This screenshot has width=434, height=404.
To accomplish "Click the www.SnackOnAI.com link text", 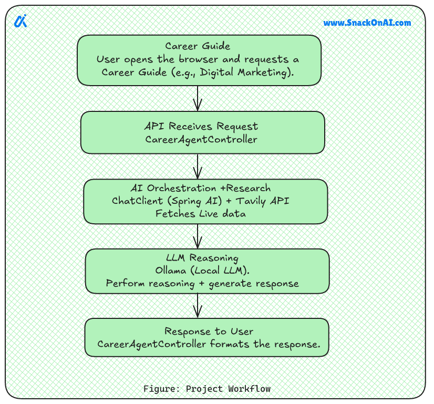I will tap(367, 23).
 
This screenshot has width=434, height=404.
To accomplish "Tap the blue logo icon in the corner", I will tap(20, 21).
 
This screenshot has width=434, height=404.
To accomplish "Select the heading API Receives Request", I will tap(202, 127).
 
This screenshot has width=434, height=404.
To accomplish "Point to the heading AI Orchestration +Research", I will tap(201, 188).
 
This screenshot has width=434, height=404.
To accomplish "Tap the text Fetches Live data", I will tap(200, 213).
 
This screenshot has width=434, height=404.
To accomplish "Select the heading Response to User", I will tap(209, 332).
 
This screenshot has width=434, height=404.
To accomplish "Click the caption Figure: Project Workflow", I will tap(207, 389).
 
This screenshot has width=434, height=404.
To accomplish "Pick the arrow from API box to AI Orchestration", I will tap(198, 167).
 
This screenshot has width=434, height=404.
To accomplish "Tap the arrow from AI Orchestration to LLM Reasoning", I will tap(198, 236).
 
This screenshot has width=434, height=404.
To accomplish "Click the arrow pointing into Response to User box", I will tap(198, 306).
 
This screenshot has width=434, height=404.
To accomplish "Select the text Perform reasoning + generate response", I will tap(202, 284).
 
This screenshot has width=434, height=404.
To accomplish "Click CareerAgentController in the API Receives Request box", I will tap(201, 140).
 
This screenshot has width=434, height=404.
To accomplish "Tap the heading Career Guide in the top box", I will tap(198, 46).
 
